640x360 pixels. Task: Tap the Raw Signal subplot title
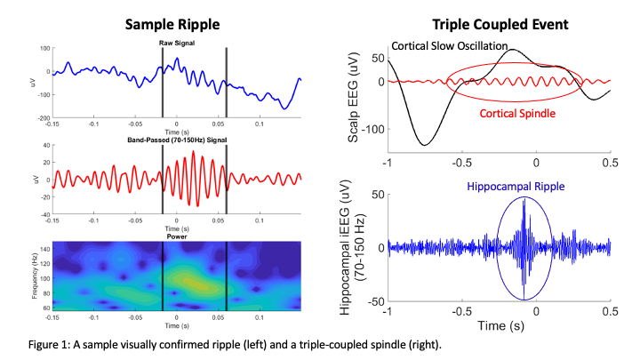(177, 42)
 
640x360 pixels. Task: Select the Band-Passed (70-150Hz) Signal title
(177, 140)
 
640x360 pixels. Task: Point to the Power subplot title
(177, 236)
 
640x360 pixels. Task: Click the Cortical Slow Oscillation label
(450, 45)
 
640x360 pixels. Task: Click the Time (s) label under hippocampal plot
(499, 328)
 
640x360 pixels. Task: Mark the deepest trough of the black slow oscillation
(425, 145)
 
